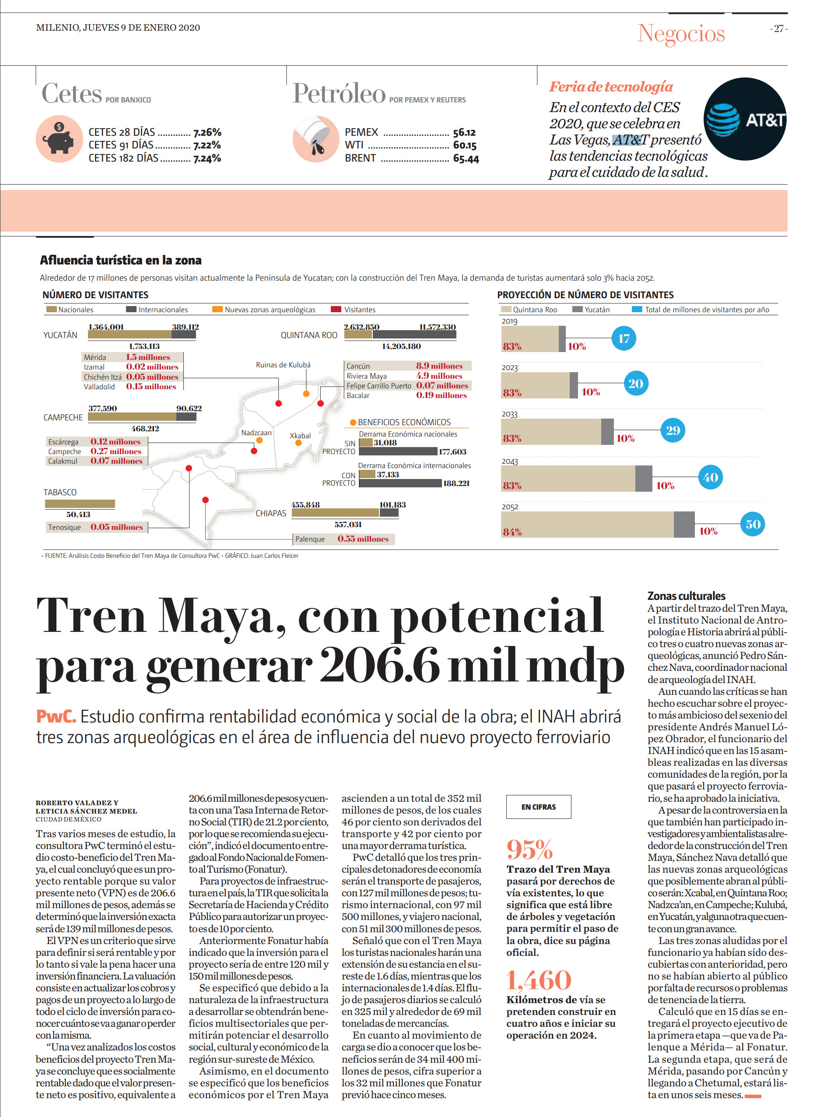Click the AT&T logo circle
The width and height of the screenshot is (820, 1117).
coord(745,119)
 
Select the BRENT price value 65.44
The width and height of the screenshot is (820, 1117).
coord(466,159)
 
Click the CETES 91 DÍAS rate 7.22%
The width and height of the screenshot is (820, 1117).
coord(207,145)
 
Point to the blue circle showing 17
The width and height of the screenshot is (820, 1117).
coord(624,338)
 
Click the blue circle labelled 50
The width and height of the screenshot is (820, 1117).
coord(753,524)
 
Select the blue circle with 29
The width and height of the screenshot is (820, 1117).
coord(673,430)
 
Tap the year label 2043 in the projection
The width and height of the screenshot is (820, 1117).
coord(510,462)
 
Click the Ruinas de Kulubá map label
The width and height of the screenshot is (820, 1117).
coord(283,365)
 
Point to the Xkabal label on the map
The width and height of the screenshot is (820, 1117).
coord(300,436)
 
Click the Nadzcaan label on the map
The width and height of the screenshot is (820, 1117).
coord(256,433)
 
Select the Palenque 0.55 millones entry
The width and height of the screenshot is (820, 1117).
coord(343,539)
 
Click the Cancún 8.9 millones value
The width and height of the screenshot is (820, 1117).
coord(439,366)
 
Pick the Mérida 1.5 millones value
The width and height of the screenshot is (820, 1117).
coord(148,357)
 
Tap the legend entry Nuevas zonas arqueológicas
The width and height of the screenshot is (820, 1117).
coord(264,310)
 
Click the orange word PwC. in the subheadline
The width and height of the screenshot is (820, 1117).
coord(56,716)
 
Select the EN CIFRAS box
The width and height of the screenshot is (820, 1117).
coord(539,807)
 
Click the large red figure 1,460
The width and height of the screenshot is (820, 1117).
coord(539,980)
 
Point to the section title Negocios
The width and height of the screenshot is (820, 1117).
coord(681,34)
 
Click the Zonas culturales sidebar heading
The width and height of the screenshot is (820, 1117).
coord(686,596)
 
